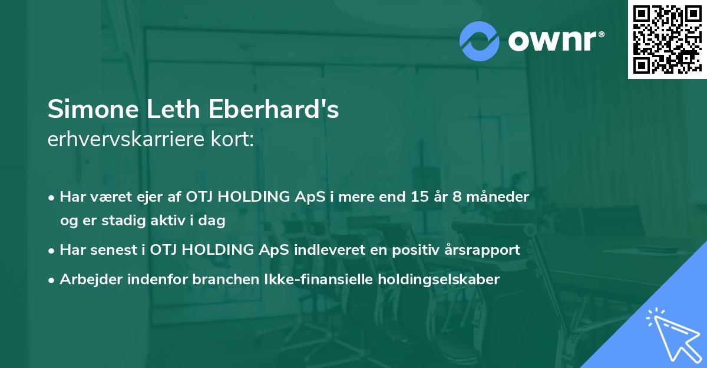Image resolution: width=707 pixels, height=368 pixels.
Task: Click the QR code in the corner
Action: pyautogui.click(x=667, y=40)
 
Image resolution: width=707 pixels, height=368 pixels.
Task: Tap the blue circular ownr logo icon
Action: pyautogui.click(x=480, y=41)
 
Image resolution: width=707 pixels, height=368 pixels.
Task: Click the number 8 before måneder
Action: pyautogui.click(x=457, y=196)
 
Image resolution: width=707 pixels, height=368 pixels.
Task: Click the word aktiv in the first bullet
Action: pyautogui.click(x=177, y=221)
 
